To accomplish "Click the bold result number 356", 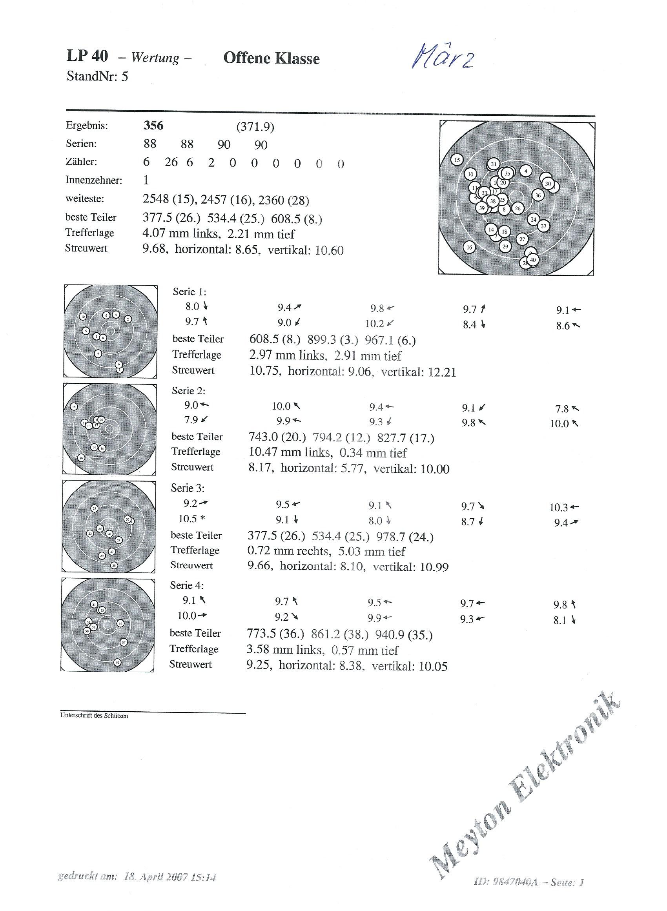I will pos(153,126).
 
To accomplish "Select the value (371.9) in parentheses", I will pos(255,127).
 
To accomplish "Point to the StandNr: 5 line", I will pos(97,76).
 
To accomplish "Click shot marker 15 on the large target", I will pos(457,160).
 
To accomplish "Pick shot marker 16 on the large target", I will pos(469,247).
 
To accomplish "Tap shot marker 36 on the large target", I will pos(538,195).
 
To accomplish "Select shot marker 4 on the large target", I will pos(526,171).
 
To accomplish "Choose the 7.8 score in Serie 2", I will pos(562,409).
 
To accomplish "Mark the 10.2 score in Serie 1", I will pos(375,324).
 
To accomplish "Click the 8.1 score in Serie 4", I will pos(560,620).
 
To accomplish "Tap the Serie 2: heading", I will pos(189,391).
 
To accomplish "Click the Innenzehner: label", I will pos(94,180).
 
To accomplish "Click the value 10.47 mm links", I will pos(290,453).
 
